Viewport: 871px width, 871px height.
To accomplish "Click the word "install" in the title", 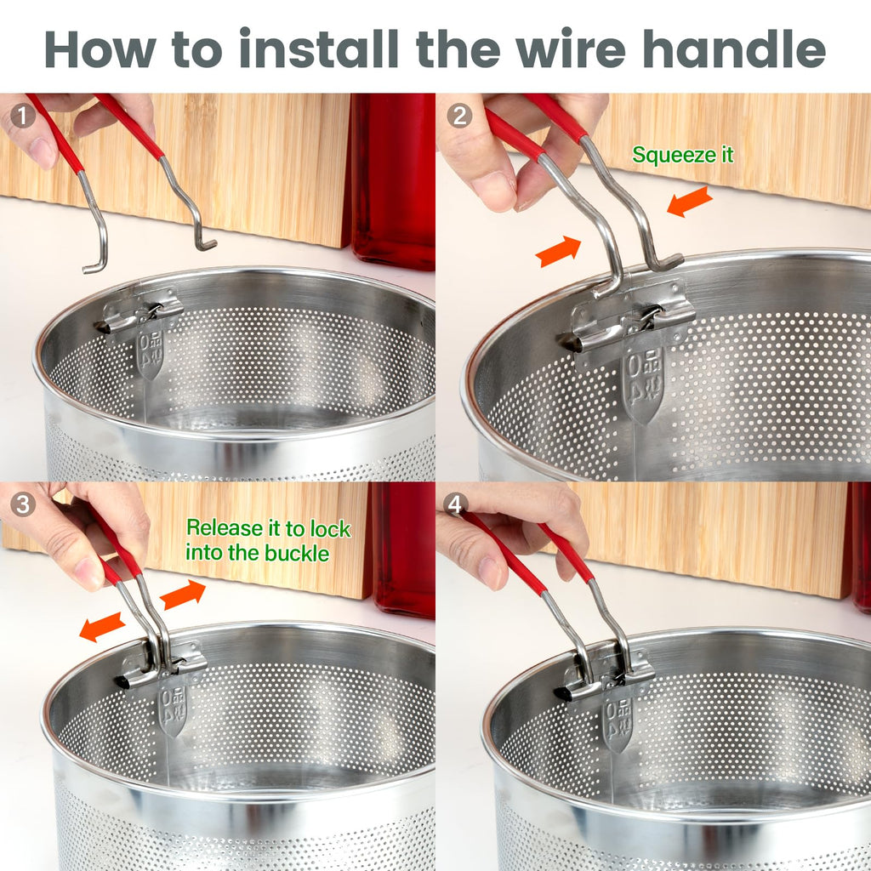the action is coord(319,48).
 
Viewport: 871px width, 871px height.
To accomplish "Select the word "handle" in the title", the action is coord(734,48).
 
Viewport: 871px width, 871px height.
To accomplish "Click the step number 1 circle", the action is coord(22,116).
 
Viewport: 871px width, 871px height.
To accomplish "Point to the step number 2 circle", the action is coord(459,116).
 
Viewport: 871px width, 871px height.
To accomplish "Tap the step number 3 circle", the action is coord(23,504).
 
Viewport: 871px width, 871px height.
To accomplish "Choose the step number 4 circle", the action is coord(455,504).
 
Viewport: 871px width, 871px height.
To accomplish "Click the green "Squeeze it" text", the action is coord(683,155).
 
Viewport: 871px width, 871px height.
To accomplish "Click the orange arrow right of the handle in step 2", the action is coord(689,201).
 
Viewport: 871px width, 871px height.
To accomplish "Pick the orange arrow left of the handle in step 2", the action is coord(558,251).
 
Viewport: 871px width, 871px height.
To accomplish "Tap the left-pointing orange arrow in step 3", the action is coord(102,627).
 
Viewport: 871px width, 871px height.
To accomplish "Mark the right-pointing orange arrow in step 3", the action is coord(183,595).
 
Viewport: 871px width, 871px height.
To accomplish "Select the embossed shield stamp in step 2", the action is coord(643,384).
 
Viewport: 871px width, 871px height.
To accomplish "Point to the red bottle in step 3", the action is coord(404,550).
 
